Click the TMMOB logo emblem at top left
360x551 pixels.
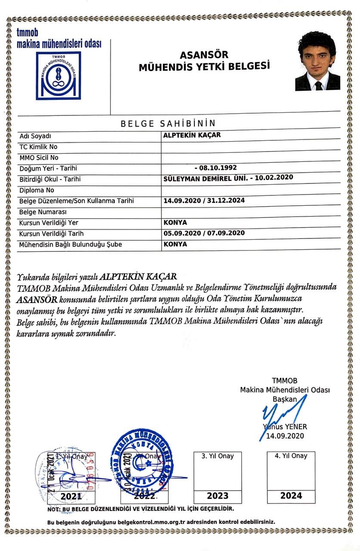pos(58,75)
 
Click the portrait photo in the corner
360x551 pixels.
pos(317,61)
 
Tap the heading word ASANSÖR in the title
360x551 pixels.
pos(204,55)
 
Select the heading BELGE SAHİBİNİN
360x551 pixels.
pos(168,124)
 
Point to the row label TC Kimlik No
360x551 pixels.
pos(38,147)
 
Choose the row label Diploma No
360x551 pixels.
pos(37,190)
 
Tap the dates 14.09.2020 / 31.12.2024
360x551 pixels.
pos(204,201)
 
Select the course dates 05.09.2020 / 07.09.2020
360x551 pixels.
pos(204,233)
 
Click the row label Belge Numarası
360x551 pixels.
pos(42,212)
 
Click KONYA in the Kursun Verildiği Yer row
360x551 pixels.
pos(175,223)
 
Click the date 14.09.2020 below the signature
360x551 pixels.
pos(285,436)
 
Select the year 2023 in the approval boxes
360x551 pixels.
pos(218,495)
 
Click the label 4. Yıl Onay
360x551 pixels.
pos(291,456)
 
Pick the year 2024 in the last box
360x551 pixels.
pos(291,495)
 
